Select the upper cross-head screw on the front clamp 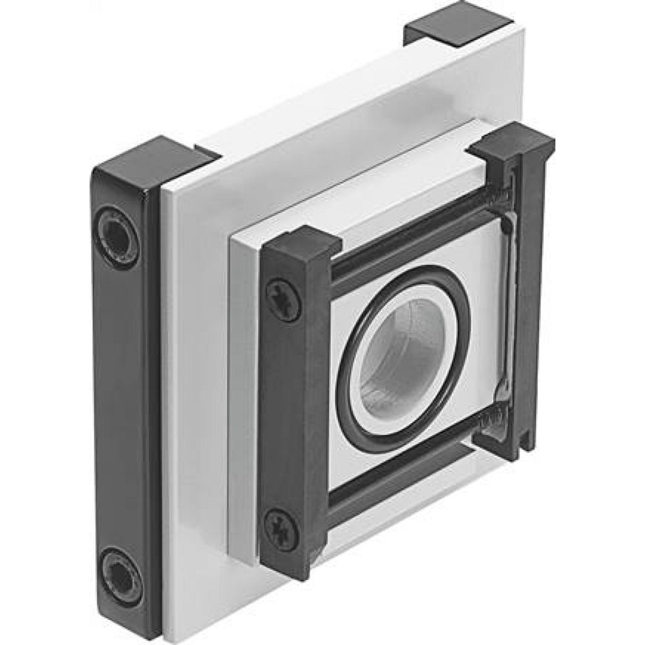(283, 300)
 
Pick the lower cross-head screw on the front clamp (282, 528)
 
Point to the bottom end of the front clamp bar (290, 568)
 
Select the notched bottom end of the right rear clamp (510, 445)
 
